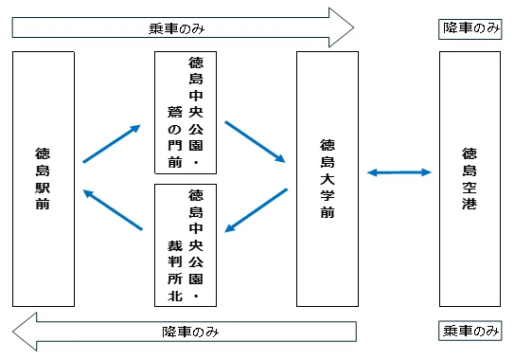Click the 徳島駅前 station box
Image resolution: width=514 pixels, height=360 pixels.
pos(44,179)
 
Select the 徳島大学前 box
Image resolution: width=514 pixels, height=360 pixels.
pos(328,179)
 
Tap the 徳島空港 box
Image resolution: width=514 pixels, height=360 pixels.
pos(470,179)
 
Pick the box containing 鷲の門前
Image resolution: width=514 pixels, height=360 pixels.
pos(186,113)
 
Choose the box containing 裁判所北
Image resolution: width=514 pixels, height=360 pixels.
pos(186,244)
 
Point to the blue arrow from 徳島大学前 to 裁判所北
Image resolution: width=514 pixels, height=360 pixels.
pos(257,210)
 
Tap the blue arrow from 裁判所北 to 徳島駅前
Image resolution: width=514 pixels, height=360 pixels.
pos(113,210)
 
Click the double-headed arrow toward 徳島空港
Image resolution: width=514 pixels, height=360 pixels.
pos(399,172)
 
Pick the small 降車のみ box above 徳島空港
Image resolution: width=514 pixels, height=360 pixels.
pos(470,28)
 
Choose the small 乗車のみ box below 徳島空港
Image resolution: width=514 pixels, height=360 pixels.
pos(470,331)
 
